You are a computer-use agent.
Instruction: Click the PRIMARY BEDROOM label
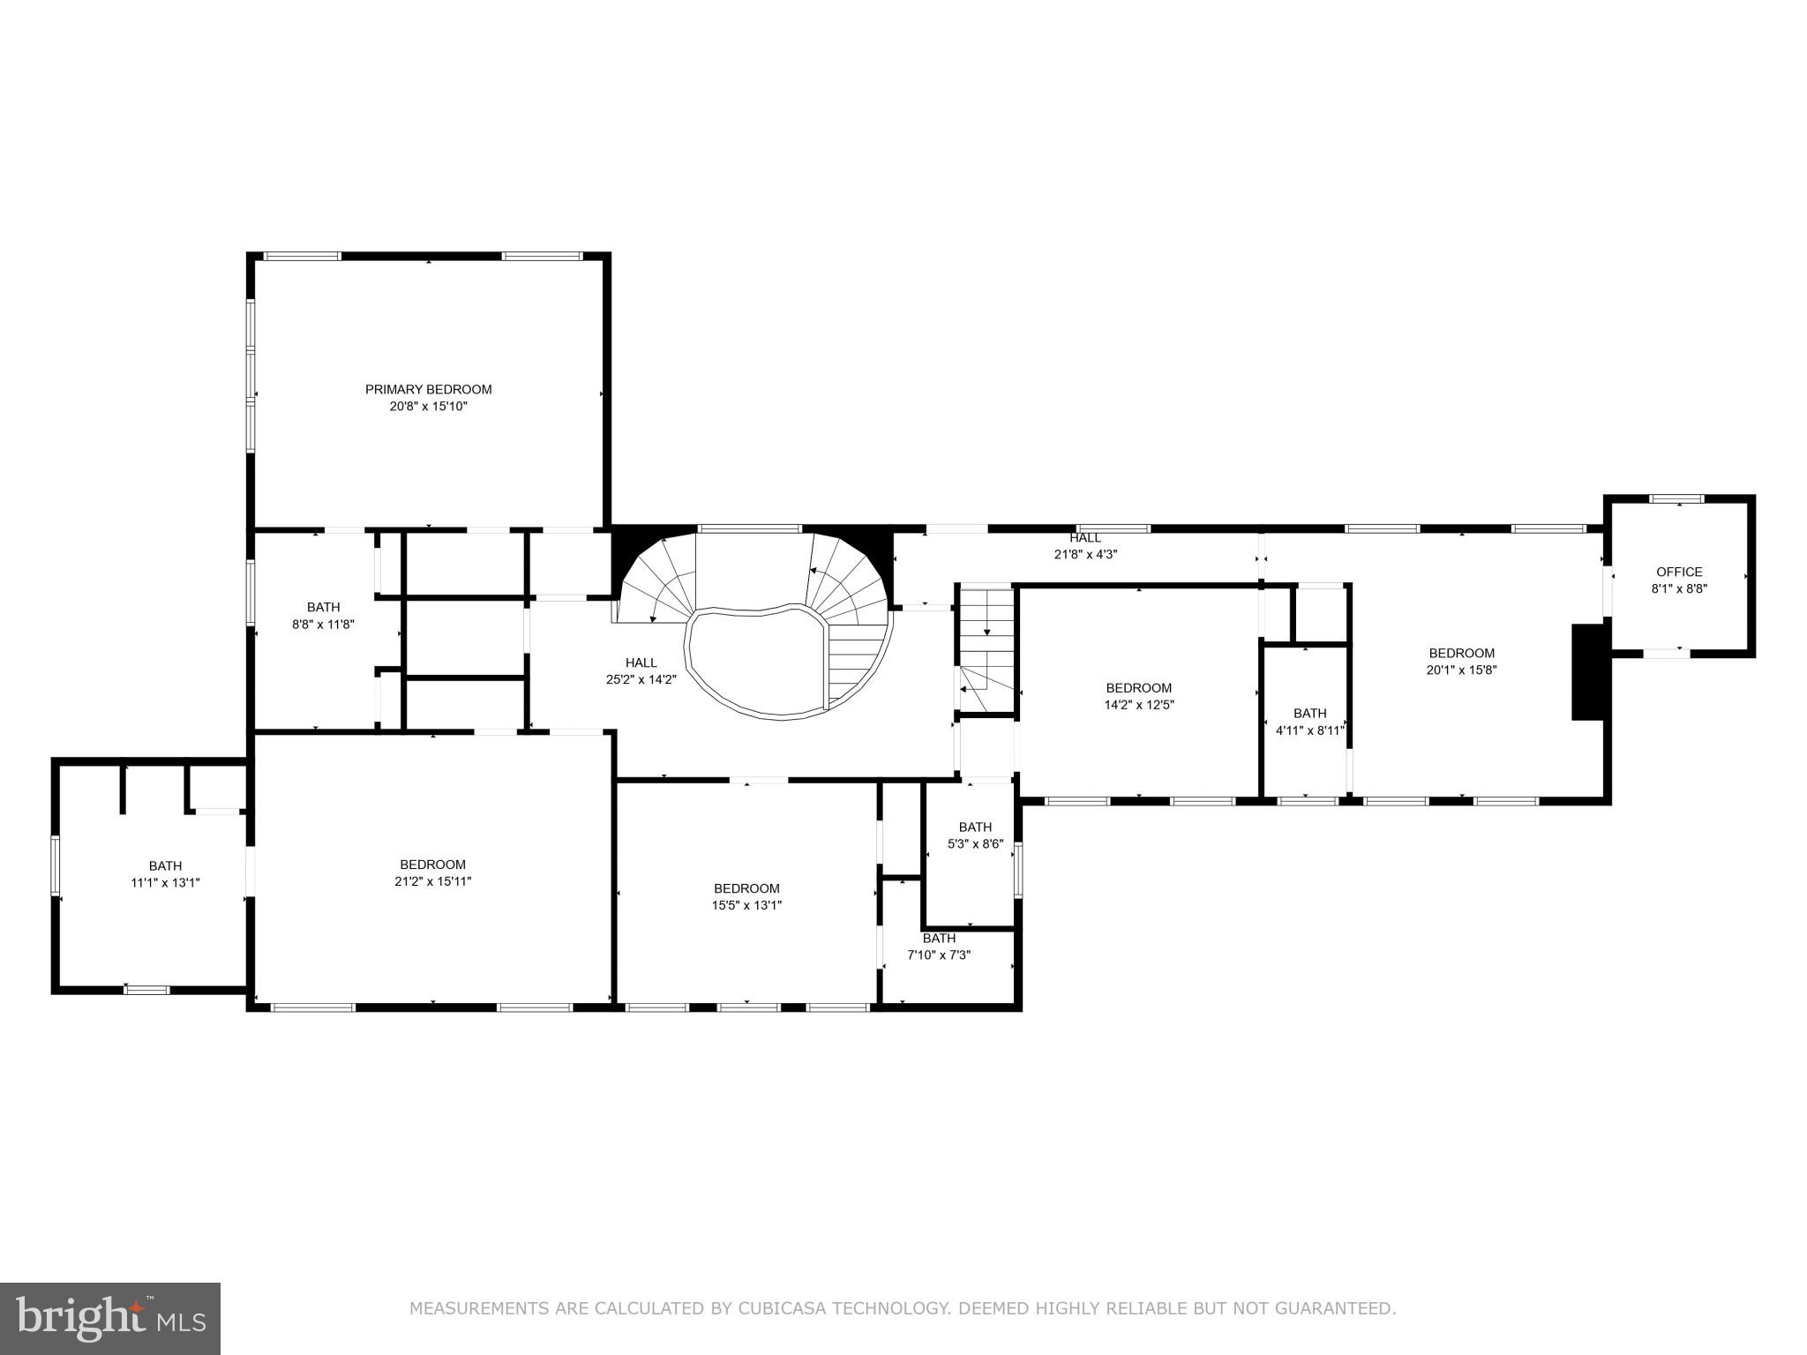[x=428, y=389]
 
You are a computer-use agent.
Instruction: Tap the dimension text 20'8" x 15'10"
[x=428, y=407]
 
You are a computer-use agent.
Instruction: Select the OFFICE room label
[x=1679, y=572]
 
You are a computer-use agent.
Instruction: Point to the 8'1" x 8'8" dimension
[x=1679, y=589]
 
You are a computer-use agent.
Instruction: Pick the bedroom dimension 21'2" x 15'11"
[x=432, y=881]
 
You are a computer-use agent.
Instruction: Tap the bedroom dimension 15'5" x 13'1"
[x=746, y=905]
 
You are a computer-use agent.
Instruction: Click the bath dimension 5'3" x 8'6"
[x=975, y=843]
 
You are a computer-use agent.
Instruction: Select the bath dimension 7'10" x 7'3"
[x=939, y=954]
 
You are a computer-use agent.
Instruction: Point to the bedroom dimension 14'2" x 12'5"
[x=1139, y=705]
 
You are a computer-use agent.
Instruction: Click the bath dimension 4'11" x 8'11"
[x=1309, y=730]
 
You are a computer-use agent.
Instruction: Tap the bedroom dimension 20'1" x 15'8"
[x=1461, y=670]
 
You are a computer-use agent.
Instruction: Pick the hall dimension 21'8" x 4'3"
[x=1085, y=555]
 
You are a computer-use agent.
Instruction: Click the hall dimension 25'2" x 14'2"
[x=641, y=679]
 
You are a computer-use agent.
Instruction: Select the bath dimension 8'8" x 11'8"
[x=323, y=624]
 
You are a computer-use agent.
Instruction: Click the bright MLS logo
[x=110, y=1319]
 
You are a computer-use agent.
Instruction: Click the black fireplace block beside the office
[x=1587, y=672]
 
